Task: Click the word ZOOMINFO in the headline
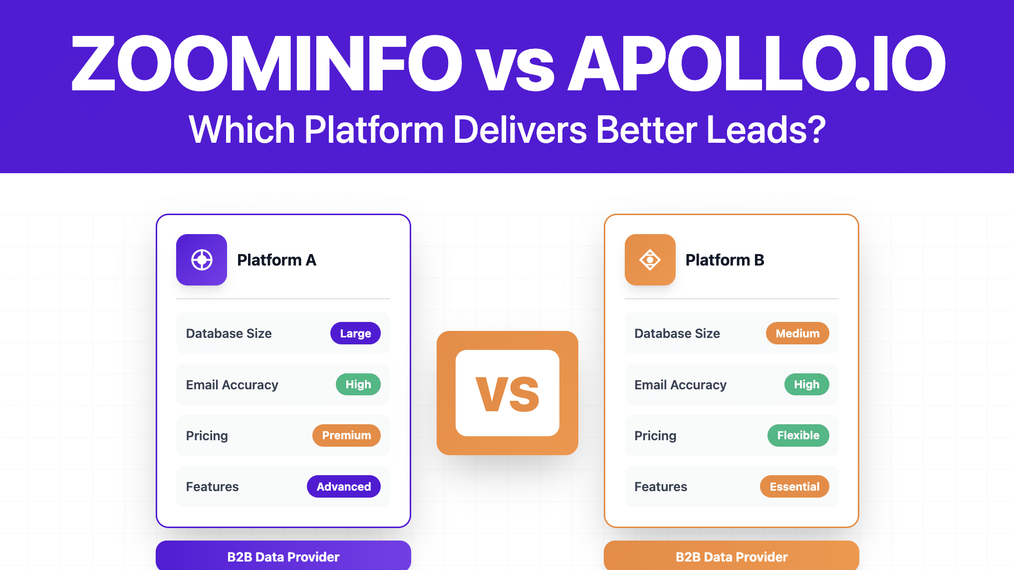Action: click(267, 63)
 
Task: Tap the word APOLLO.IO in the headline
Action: click(757, 63)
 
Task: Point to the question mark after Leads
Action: click(815, 129)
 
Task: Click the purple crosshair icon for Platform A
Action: click(202, 260)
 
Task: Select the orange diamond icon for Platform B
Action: click(650, 260)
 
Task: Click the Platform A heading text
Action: click(276, 260)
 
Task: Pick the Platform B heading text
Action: click(725, 260)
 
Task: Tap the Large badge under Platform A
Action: click(355, 333)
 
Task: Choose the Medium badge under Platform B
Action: click(797, 333)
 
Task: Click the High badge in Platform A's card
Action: click(358, 384)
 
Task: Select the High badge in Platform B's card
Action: click(807, 384)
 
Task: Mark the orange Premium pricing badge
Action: click(346, 435)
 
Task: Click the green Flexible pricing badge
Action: click(798, 435)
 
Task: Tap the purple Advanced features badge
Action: click(344, 487)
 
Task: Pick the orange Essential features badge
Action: click(794, 487)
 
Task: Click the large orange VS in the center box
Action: click(507, 394)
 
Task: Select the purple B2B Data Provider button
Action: click(283, 556)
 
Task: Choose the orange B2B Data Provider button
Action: click(732, 556)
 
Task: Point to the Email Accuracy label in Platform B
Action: click(680, 385)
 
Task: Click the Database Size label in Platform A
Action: click(229, 333)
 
